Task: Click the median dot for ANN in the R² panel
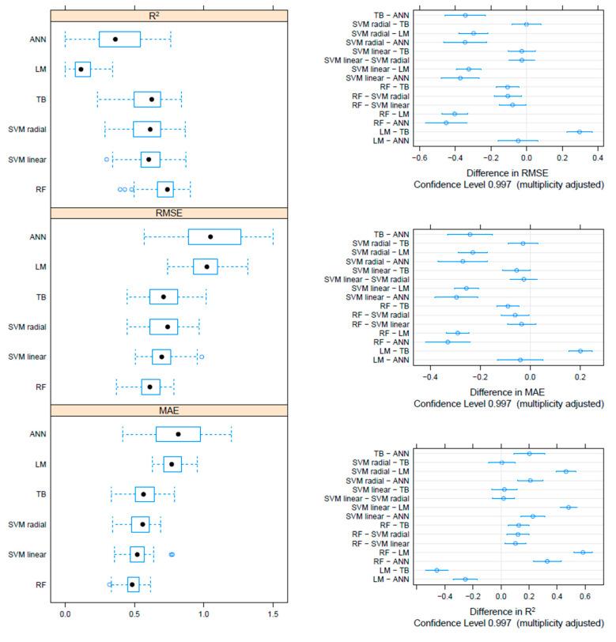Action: coord(115,39)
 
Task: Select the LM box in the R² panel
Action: coord(81,69)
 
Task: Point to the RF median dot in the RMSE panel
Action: coord(149,387)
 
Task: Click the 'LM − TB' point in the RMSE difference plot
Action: coord(580,132)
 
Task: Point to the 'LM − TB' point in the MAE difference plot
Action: coord(580,351)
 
